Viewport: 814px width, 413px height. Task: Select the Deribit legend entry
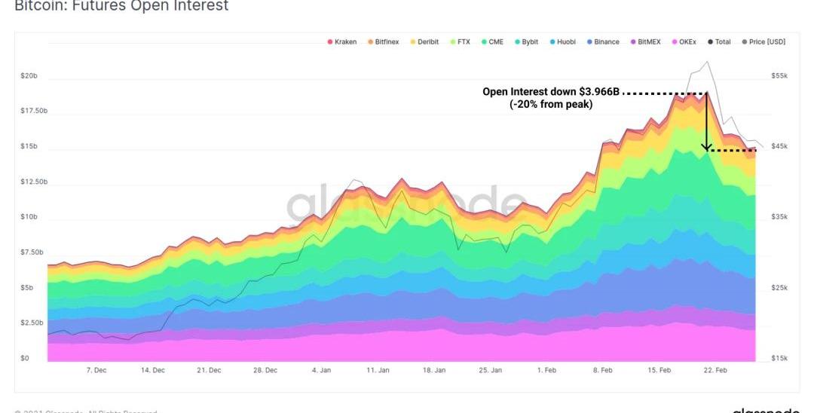pos(424,42)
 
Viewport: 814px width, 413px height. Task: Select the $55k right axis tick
pos(780,76)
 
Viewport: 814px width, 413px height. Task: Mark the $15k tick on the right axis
pos(780,358)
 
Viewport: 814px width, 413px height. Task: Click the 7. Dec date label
pos(96,371)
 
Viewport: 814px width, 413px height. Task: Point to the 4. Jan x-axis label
pos(322,371)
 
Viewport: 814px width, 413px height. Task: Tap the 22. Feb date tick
pos(715,371)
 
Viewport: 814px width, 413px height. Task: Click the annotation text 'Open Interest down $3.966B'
pos(551,92)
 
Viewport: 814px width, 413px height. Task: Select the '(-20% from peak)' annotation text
pos(551,105)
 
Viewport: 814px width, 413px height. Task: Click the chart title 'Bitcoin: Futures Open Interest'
pos(121,6)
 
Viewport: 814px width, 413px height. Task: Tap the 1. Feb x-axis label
pos(546,371)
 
